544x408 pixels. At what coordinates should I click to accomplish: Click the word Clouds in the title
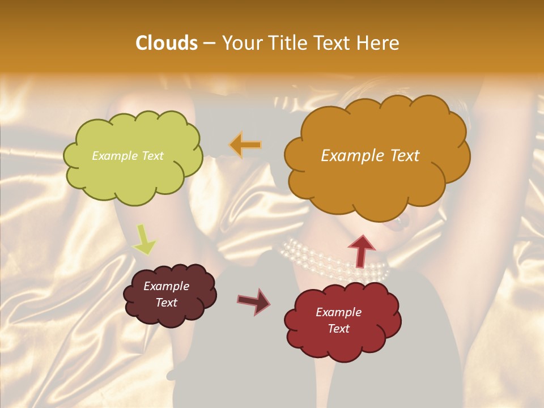tap(167, 43)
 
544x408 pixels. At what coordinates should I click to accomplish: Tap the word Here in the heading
tap(379, 43)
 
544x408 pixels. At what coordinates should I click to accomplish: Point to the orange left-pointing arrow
tap(245, 145)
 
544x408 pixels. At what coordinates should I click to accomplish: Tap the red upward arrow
tap(362, 250)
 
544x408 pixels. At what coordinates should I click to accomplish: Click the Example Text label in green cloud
tap(127, 156)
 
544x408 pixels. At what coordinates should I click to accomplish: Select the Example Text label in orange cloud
tap(370, 156)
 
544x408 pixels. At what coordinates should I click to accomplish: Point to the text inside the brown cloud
tap(167, 294)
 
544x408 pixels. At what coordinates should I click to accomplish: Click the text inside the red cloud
tap(338, 320)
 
